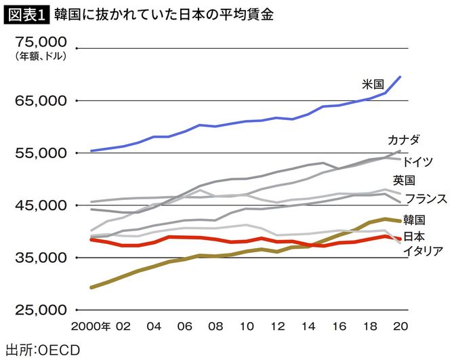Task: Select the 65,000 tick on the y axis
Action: click(x=38, y=101)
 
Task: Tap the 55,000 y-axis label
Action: click(x=38, y=153)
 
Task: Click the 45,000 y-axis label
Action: click(x=38, y=205)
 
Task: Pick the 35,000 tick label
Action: click(x=38, y=258)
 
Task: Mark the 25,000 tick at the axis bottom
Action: click(x=38, y=310)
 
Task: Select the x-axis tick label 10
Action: click(x=246, y=326)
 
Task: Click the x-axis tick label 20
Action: click(x=400, y=326)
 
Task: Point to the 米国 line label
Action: click(x=373, y=85)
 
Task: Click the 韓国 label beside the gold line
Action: click(x=413, y=220)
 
